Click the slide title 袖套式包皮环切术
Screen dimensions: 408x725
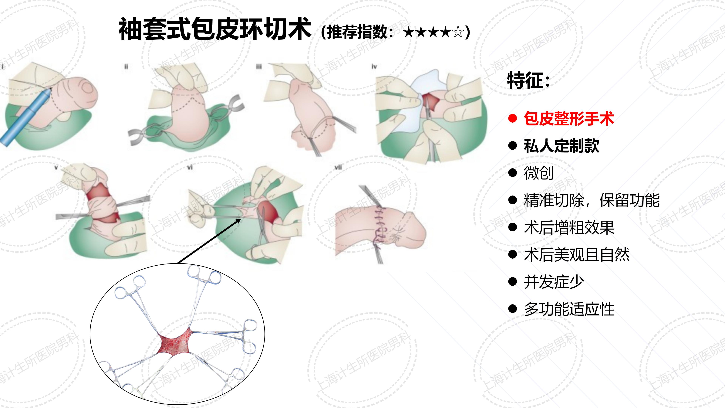coord(214,29)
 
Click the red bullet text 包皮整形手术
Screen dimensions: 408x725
coord(568,119)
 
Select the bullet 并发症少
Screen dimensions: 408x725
coord(554,282)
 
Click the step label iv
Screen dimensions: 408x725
coord(374,66)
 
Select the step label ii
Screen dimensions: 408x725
coord(126,66)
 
